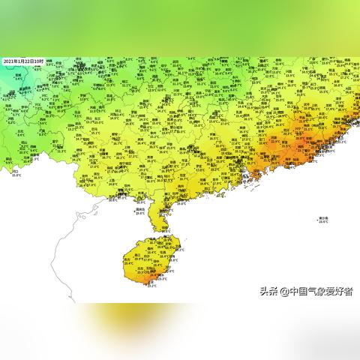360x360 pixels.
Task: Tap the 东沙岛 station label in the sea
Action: [323, 217]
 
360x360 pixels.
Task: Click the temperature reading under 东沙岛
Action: [323, 221]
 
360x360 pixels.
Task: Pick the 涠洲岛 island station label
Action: [139, 209]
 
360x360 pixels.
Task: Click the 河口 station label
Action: [16, 171]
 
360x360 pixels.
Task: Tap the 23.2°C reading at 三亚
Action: [151, 286]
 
